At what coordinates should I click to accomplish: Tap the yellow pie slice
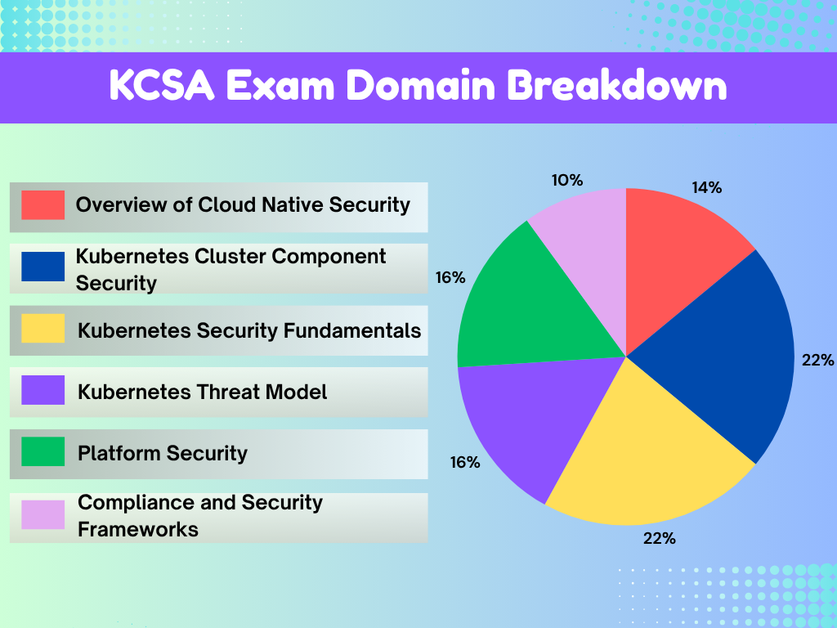click(646, 458)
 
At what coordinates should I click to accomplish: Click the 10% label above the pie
click(566, 180)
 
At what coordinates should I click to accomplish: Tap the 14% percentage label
click(706, 187)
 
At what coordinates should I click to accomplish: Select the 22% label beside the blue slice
click(817, 360)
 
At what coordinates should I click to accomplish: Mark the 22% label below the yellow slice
click(659, 538)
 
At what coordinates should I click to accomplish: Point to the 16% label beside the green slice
click(450, 278)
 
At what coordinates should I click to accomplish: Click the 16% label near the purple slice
click(464, 462)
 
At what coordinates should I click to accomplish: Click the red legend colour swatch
click(43, 205)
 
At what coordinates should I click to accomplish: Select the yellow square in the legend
click(43, 329)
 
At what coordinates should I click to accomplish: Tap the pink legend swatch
click(43, 515)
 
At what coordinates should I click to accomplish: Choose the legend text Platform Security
click(162, 453)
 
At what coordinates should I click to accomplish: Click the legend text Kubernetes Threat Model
click(202, 392)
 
